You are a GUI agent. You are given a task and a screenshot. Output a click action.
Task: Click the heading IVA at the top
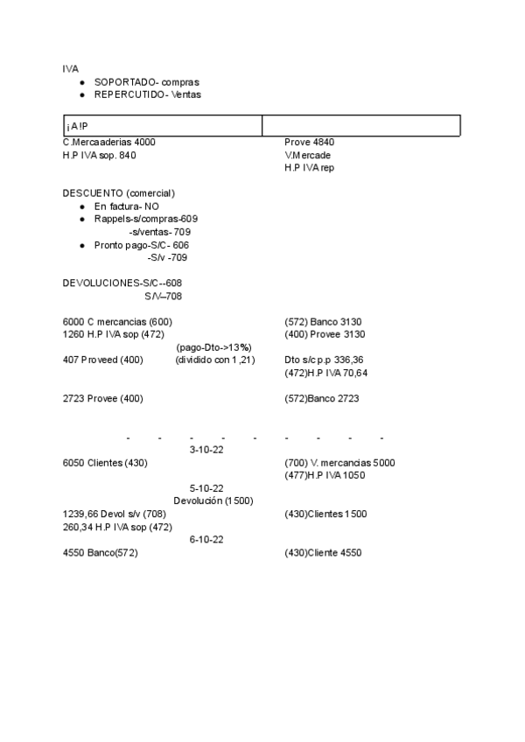70,67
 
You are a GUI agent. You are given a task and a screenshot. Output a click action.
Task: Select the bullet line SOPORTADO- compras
146,80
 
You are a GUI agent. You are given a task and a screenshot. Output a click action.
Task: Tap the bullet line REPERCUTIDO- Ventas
147,94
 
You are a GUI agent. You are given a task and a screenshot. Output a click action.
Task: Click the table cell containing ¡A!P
163,126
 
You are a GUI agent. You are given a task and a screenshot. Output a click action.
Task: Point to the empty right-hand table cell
360,126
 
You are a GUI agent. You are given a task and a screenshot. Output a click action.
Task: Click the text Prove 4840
309,142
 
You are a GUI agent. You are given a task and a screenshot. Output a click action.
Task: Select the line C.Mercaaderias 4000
109,142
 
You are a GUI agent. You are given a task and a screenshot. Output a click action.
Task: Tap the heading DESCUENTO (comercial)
119,192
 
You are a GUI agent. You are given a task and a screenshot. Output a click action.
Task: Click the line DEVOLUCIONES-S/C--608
122,283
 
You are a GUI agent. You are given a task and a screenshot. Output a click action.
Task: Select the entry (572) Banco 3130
324,321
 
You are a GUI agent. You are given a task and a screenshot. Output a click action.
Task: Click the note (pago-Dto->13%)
213,346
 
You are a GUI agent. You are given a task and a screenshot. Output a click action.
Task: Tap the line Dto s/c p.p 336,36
324,360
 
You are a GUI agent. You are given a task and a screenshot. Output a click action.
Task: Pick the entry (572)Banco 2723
321,398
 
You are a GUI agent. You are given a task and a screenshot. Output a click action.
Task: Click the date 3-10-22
206,450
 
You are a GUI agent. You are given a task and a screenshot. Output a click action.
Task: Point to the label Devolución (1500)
213,500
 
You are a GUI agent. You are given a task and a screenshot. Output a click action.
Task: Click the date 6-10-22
206,540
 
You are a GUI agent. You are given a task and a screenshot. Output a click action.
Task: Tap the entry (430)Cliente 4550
323,553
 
